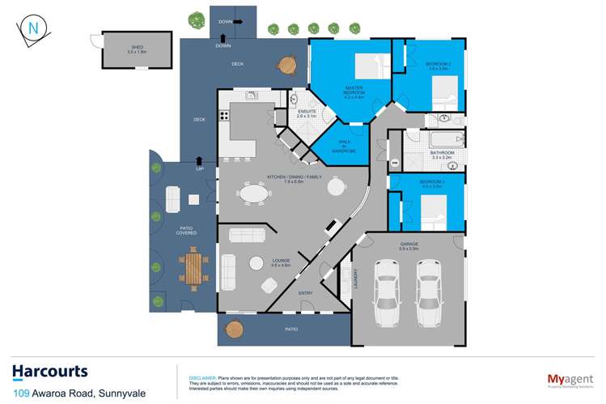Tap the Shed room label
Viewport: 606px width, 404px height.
coord(137,49)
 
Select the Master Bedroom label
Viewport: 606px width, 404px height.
coord(354,91)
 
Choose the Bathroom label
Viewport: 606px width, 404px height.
coord(442,154)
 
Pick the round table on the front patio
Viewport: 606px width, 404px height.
coord(234,329)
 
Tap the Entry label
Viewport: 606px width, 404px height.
coord(305,293)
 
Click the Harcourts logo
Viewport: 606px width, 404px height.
coord(50,372)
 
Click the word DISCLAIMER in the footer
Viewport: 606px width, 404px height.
coord(202,377)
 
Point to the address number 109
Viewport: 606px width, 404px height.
coord(22,392)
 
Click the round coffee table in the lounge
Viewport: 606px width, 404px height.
coord(256,262)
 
